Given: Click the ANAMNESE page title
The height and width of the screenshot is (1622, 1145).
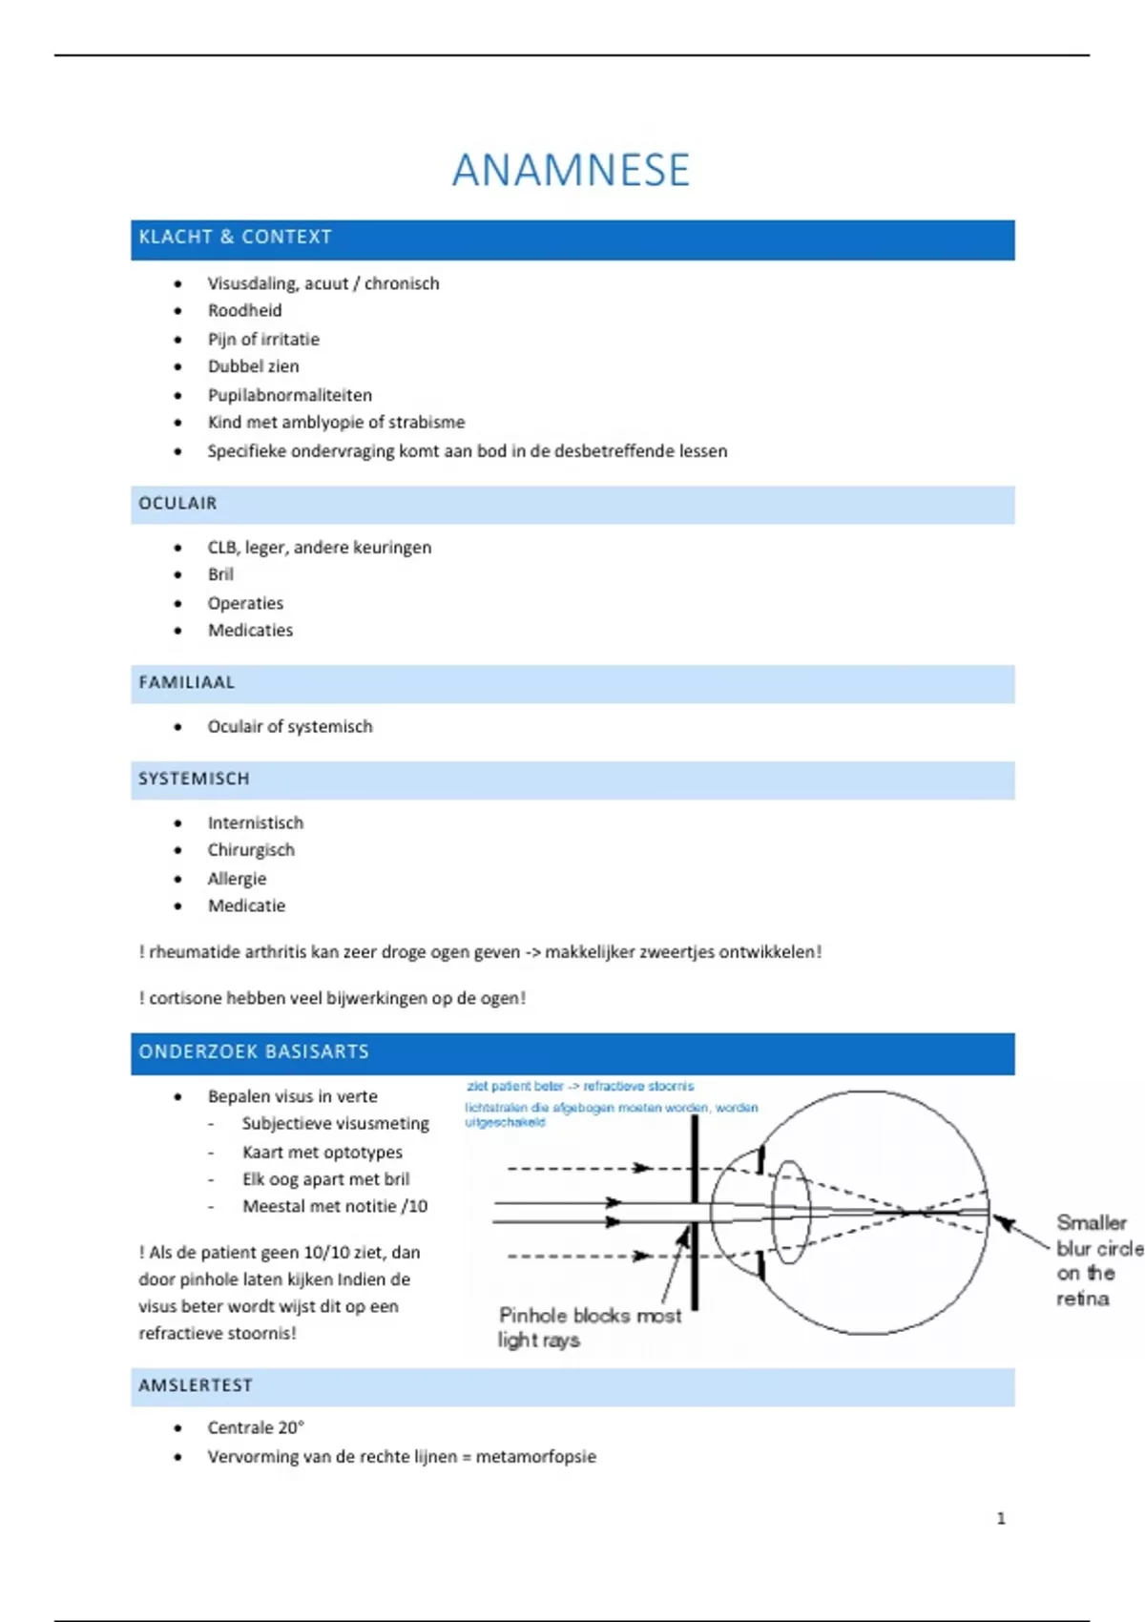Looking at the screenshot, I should pos(571,171).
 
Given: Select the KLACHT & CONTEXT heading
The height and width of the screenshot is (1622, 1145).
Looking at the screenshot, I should pos(235,237).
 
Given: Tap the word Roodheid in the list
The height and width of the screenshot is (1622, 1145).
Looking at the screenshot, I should pos(244,310).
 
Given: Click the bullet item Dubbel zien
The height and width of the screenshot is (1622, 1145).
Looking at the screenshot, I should pos(253,366).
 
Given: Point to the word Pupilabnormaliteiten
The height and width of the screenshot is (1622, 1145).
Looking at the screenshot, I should pos(290,395).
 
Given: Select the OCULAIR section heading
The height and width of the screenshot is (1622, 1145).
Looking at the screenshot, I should pos(177,503).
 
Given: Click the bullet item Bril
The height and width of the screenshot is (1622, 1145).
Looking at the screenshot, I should pos(220,574).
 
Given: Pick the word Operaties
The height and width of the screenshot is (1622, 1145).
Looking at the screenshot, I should pos(245,603).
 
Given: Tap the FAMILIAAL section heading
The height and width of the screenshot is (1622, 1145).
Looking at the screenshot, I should pos(186,682).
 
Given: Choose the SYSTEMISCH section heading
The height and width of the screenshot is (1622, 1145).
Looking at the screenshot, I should pos(194,779).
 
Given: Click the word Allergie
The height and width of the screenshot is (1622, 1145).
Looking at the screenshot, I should pos(237,879).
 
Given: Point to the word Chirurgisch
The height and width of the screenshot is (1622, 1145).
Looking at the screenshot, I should pos(251,850).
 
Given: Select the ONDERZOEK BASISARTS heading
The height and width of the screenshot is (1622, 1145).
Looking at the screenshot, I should pos(254,1051).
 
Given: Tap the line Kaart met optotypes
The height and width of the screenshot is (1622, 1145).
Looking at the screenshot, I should pos(322,1152).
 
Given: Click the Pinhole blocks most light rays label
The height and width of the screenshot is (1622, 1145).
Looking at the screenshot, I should pos(589,1327).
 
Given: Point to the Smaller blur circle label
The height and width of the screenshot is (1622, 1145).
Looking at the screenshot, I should pos(1097,1259).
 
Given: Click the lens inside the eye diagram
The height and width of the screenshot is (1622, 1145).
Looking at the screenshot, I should pos(790,1212).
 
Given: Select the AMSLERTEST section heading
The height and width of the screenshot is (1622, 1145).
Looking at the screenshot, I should pos(196,1385).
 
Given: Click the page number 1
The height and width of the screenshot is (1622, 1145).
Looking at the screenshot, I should pos(1001,1518).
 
